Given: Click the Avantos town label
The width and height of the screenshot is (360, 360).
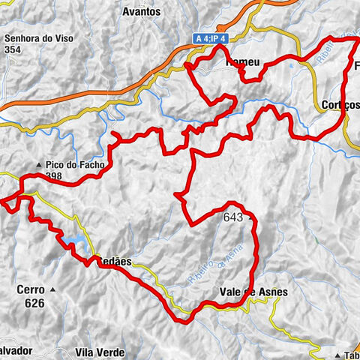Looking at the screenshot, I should pyautogui.click(x=142, y=12).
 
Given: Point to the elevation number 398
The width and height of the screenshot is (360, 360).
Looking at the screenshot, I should pyautogui.click(x=55, y=176).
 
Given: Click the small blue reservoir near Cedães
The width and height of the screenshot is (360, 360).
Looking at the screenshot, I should pyautogui.click(x=75, y=240).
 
